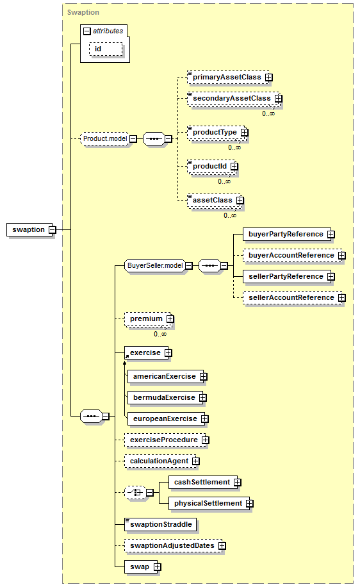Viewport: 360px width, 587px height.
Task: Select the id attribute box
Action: coord(106,49)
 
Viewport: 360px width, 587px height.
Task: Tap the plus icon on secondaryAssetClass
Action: coord(279,98)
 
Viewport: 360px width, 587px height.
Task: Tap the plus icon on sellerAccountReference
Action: coord(342,297)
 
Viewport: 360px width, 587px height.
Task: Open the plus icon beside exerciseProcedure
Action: coord(206,440)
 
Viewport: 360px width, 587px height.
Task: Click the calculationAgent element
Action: coord(160,461)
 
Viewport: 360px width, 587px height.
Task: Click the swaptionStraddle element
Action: coord(161,524)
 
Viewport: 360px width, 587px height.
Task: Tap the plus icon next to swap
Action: coord(158,566)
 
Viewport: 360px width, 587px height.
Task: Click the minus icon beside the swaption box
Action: coord(53,229)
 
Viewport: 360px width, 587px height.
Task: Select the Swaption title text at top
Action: coord(83,12)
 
